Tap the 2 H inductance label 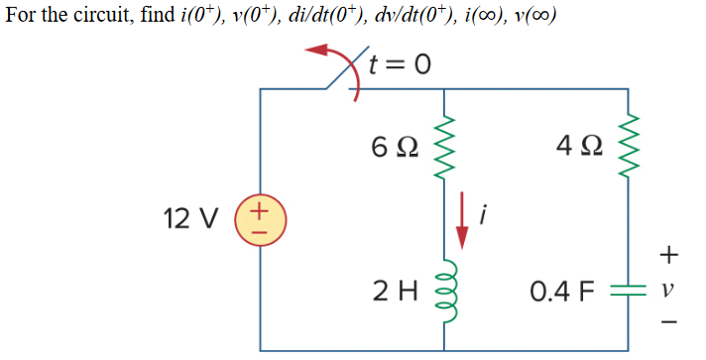393,292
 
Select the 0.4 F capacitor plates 626,294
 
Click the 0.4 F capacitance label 560,293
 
